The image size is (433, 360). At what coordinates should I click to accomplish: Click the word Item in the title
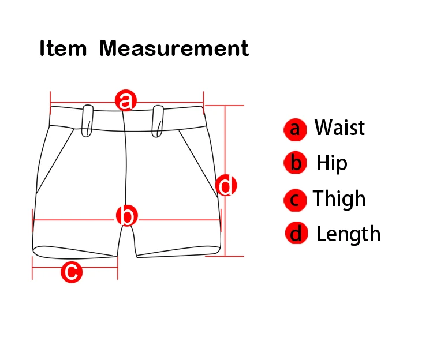pyautogui.click(x=62, y=48)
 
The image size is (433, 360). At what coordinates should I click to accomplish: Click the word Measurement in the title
pyautogui.click(x=174, y=48)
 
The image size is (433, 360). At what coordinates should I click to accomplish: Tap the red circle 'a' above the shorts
pyautogui.click(x=126, y=100)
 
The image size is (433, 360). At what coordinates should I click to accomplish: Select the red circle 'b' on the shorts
pyautogui.click(x=127, y=216)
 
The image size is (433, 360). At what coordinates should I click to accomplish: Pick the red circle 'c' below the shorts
pyautogui.click(x=72, y=272)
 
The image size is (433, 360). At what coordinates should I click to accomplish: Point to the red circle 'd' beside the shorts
pyautogui.click(x=226, y=186)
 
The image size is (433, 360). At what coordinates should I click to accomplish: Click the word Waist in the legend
pyautogui.click(x=339, y=127)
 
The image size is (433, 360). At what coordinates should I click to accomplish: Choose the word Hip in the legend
pyautogui.click(x=331, y=163)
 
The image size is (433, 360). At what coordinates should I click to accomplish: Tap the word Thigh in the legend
pyautogui.click(x=339, y=199)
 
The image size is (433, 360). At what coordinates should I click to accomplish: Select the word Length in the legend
pyautogui.click(x=348, y=234)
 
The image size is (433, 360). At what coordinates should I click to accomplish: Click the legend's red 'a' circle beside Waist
pyautogui.click(x=295, y=129)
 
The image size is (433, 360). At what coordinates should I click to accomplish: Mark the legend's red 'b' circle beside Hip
pyautogui.click(x=295, y=164)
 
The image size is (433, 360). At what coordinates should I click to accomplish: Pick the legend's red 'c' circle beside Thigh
pyautogui.click(x=294, y=200)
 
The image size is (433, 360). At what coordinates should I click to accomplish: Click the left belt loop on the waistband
pyautogui.click(x=88, y=121)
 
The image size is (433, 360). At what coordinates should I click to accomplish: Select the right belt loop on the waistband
pyautogui.click(x=158, y=121)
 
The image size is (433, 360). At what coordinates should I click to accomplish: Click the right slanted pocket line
pyautogui.click(x=198, y=162)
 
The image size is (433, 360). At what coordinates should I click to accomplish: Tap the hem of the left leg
pyautogui.click(x=74, y=253)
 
